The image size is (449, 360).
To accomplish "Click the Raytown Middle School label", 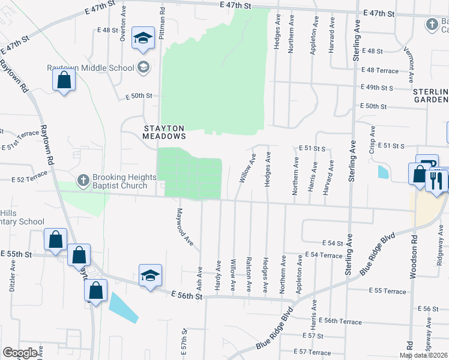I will tap(91, 67).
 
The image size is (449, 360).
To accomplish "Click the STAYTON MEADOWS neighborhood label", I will tap(164, 132).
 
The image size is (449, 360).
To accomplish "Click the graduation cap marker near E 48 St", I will tap(143, 38).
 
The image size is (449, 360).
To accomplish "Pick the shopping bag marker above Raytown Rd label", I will tap(64, 80).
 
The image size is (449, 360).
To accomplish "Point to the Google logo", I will tap(20, 353).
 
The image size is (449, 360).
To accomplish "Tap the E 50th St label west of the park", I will tap(139, 96).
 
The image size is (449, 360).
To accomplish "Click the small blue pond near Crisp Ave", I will tap(383, 172).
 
